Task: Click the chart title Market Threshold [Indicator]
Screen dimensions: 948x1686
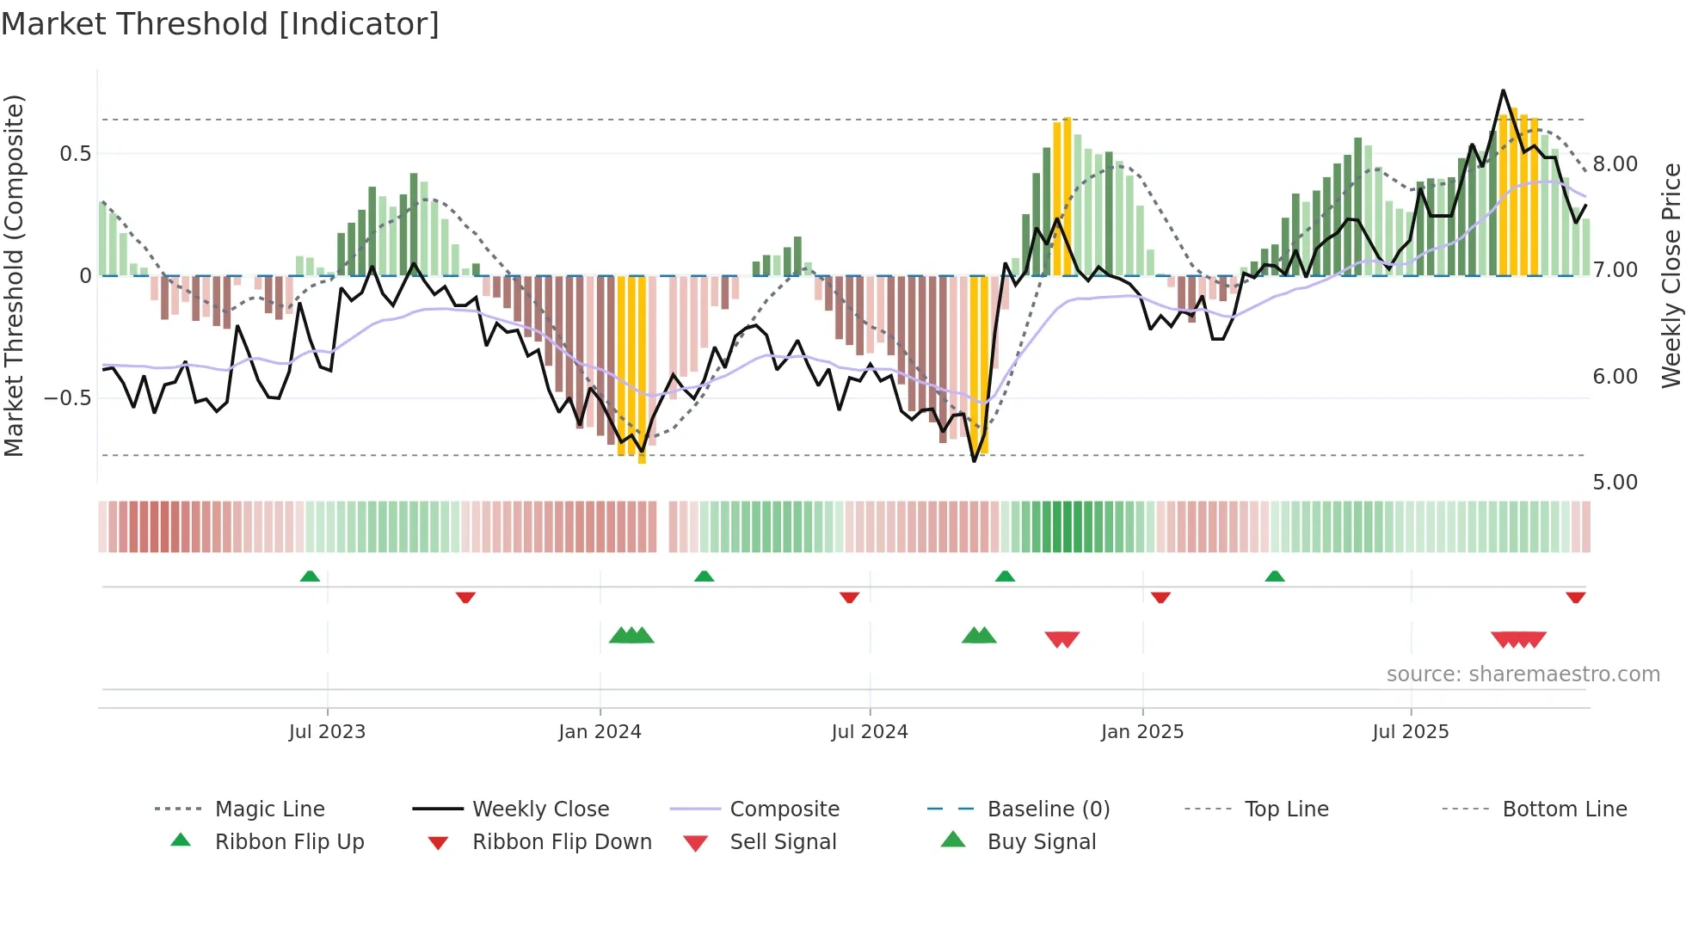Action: tap(220, 24)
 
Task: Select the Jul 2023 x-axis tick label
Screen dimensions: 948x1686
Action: tap(327, 732)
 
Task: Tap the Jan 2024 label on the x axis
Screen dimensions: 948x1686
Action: tap(600, 732)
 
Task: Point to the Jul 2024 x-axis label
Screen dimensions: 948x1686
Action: tap(869, 732)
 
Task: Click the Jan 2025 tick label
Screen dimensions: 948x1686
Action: tap(1141, 732)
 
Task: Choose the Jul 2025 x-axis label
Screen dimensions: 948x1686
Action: tap(1410, 732)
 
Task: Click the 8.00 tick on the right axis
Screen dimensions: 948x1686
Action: tap(1615, 164)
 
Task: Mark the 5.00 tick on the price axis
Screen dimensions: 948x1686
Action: tap(1615, 483)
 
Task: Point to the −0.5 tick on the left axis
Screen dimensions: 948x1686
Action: tap(67, 398)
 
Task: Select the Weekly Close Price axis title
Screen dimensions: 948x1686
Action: tap(1671, 275)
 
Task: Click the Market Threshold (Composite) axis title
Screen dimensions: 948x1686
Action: tap(14, 275)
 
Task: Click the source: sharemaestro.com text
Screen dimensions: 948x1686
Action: tap(1523, 674)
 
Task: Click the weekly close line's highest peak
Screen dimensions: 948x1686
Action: tap(1503, 90)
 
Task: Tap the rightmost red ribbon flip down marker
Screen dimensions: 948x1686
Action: tap(1575, 597)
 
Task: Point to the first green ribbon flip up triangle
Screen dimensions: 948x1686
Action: tap(310, 576)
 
